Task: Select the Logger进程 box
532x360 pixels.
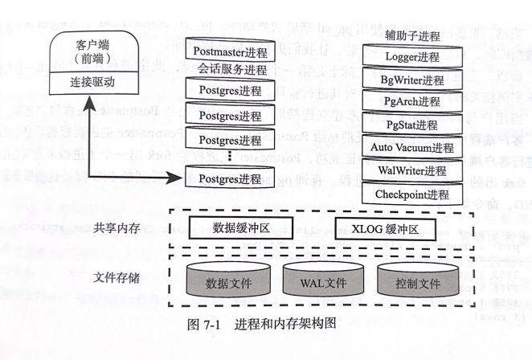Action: click(412, 57)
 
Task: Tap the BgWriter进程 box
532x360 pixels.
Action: click(412, 80)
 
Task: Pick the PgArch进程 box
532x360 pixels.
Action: click(412, 102)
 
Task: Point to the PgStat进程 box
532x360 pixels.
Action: click(412, 125)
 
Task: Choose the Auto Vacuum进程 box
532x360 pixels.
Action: click(412, 148)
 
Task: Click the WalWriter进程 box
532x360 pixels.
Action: click(412, 171)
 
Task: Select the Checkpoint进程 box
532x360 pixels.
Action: click(412, 194)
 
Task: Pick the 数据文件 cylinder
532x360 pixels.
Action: click(227, 282)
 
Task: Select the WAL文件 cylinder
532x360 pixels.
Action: click(323, 282)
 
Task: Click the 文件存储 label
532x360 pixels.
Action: click(117, 278)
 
